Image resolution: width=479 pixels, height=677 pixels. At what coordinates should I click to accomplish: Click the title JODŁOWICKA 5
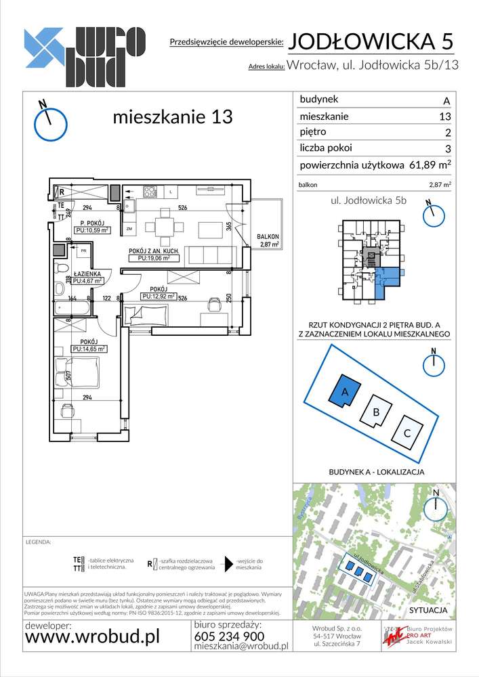coord(371,42)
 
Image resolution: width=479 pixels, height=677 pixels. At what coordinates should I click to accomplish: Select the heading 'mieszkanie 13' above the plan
coord(172,116)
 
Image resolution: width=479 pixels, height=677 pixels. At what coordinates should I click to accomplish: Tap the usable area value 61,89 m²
coord(430,165)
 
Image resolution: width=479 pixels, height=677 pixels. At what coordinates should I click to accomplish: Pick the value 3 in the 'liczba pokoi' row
coord(446,148)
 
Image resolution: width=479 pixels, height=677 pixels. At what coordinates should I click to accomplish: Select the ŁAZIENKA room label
coord(87,275)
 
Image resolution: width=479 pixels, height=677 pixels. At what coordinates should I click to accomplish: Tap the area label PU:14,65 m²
coord(89,349)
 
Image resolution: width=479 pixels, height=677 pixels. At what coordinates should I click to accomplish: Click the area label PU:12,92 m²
coord(159,296)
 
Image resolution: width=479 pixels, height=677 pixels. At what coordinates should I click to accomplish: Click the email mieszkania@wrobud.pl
coord(241,647)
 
